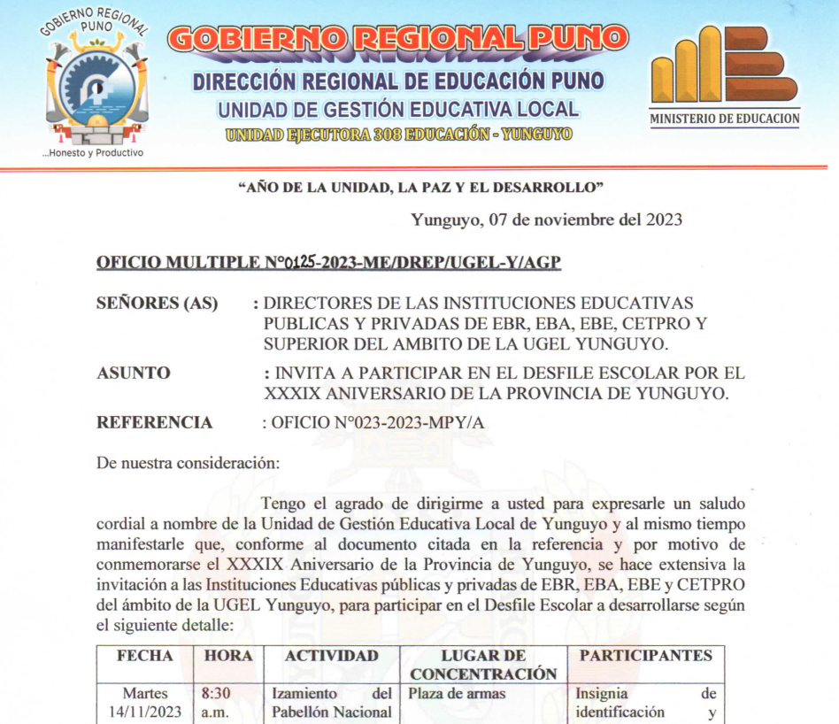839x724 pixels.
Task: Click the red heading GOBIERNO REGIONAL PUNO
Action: coord(397,38)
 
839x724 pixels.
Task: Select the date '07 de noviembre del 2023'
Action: coord(586,220)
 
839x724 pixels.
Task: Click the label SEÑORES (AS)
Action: coord(157,303)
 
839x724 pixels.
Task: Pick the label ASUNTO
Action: coord(133,373)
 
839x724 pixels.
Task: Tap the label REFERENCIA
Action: coord(154,422)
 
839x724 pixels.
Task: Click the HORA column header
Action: coord(228,656)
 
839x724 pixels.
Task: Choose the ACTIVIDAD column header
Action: coord(332,656)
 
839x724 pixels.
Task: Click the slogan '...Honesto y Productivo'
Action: coord(93,152)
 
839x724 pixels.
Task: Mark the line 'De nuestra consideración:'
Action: coord(188,463)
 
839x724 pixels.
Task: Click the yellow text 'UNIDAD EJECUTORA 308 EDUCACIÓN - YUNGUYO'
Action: coord(399,135)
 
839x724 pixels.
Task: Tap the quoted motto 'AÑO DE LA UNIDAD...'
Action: coord(421,187)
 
